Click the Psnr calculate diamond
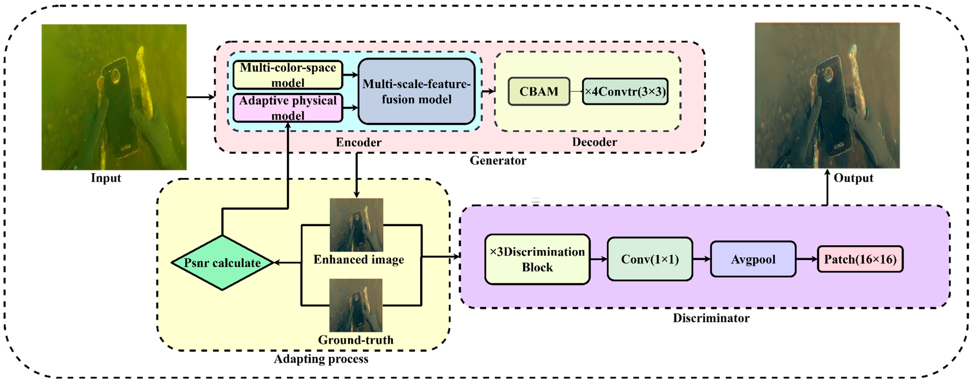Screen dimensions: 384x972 [222, 263]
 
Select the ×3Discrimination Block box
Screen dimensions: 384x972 [537, 259]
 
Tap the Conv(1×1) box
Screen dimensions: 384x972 [650, 259]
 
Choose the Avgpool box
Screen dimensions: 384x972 [753, 259]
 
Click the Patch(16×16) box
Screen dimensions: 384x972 [860, 259]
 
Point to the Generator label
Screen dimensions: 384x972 [498, 161]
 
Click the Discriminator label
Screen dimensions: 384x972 [711, 318]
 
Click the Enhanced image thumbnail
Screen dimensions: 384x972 [356, 225]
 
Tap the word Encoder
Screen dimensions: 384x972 [358, 142]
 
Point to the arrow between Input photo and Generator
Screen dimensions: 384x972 [200, 97]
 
